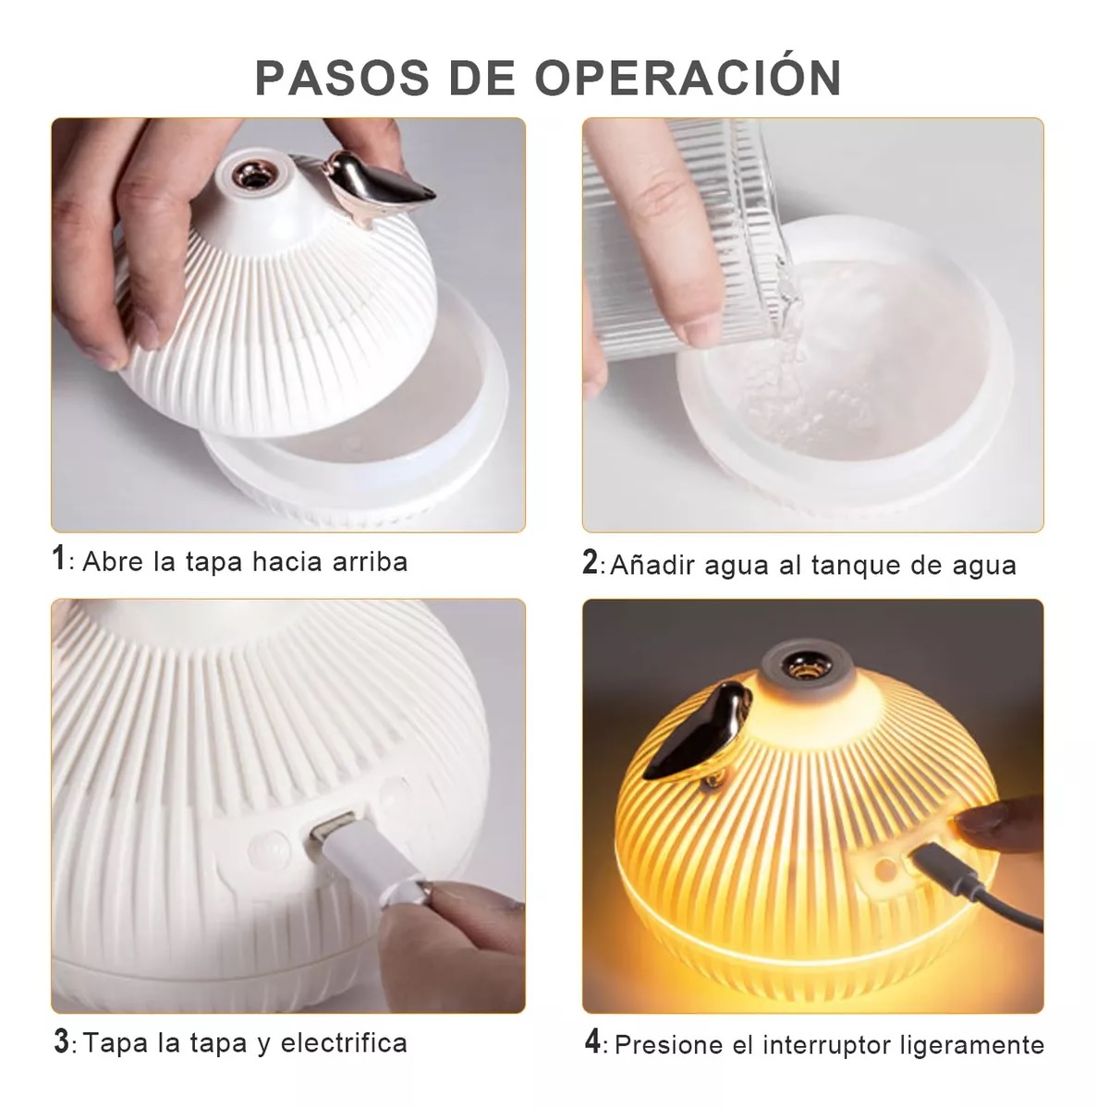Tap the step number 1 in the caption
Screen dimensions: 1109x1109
click(59, 559)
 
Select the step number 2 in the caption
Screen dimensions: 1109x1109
click(591, 562)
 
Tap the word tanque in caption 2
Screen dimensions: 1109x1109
click(857, 565)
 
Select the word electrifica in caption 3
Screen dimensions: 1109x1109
click(344, 1043)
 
